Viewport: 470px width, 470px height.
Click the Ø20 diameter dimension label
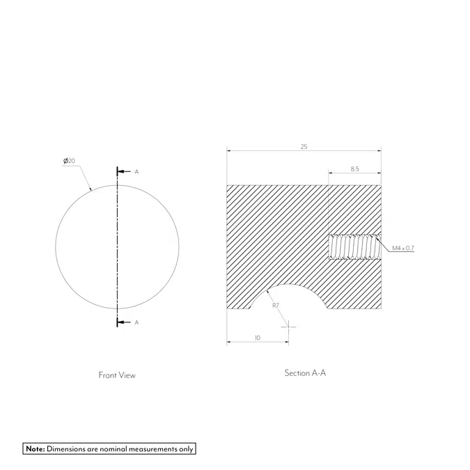[x=69, y=161]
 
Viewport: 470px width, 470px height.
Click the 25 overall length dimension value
[x=304, y=147]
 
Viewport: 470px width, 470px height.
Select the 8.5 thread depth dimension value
[x=354, y=169]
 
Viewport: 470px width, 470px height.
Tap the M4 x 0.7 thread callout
[x=403, y=248]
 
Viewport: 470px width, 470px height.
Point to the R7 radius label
[x=276, y=306]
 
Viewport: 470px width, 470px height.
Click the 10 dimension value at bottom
[x=258, y=337]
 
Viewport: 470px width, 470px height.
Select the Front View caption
[x=117, y=375]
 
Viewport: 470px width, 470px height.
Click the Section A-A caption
[x=305, y=373]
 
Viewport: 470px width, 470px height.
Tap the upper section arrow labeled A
[x=123, y=171]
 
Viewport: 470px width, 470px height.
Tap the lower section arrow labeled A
[x=123, y=322]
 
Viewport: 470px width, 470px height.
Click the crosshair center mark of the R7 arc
[x=289, y=326]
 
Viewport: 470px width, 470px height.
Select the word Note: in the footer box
[x=35, y=449]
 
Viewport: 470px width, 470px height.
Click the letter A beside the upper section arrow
[x=136, y=171]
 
